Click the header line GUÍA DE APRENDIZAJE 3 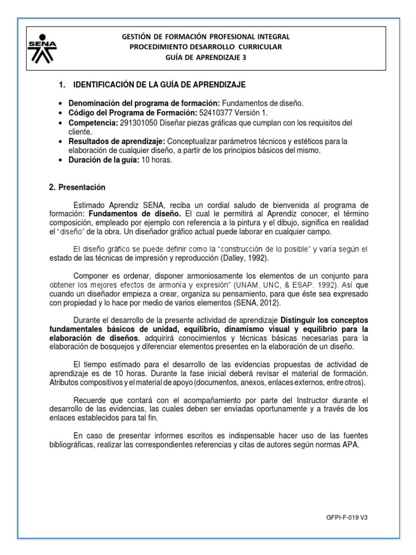coord(207,58)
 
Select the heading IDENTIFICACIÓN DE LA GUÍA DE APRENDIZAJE coord(159,85)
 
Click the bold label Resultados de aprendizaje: coord(117,141)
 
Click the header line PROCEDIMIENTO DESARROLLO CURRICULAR coord(207,47)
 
